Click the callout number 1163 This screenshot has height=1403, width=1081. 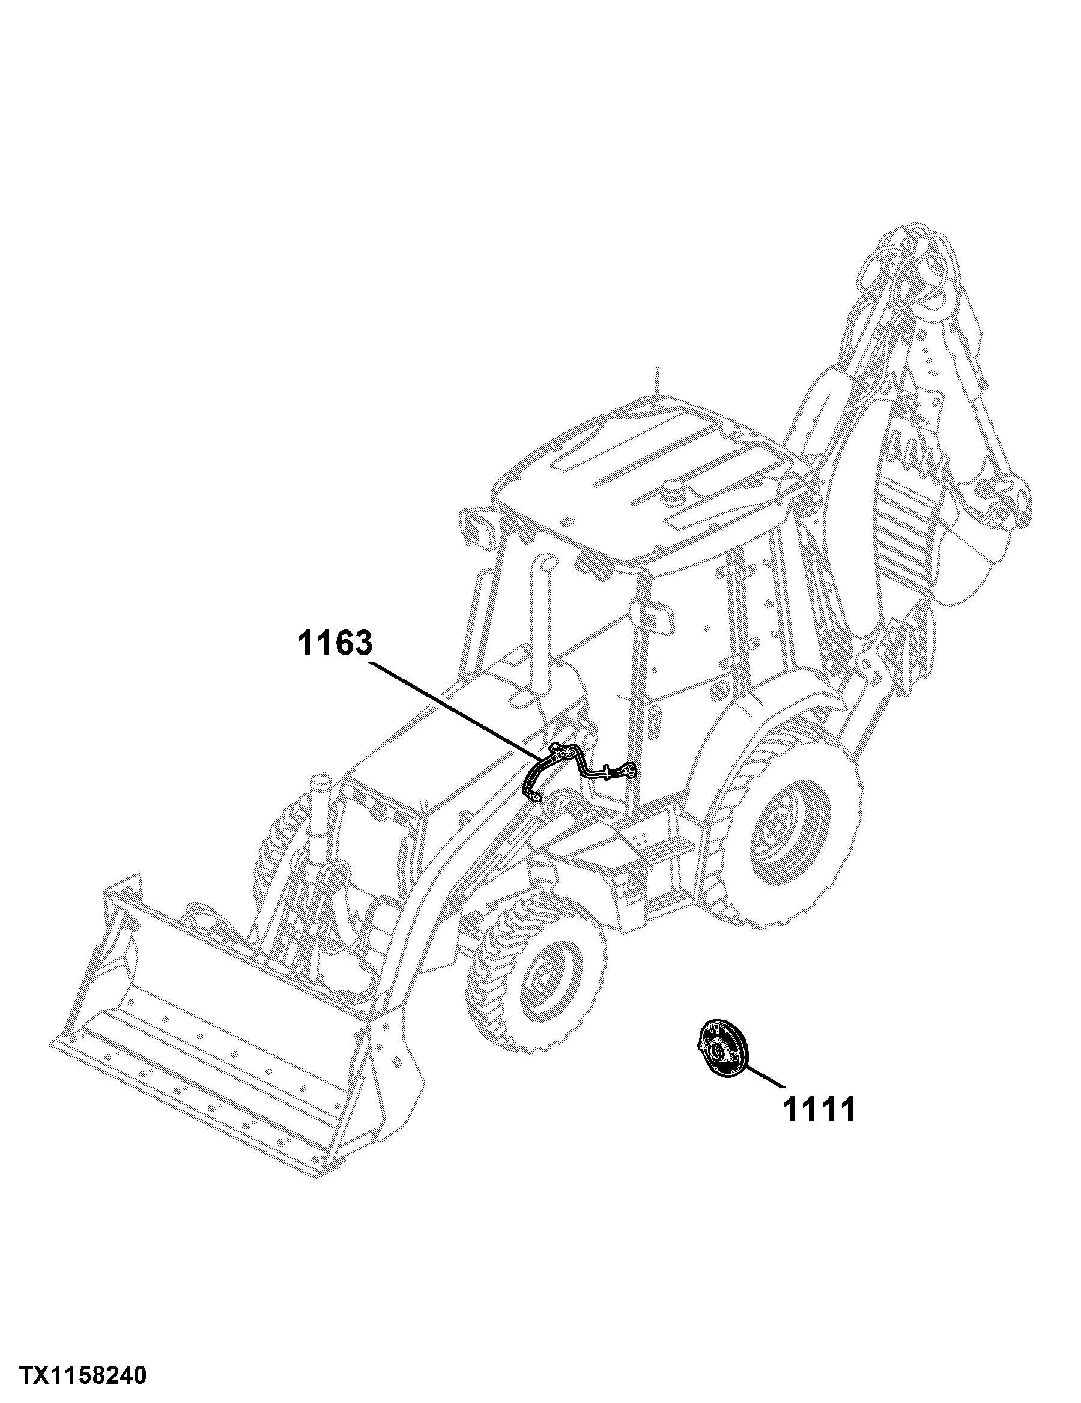[335, 643]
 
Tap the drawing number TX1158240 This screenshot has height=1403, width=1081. [83, 1370]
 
